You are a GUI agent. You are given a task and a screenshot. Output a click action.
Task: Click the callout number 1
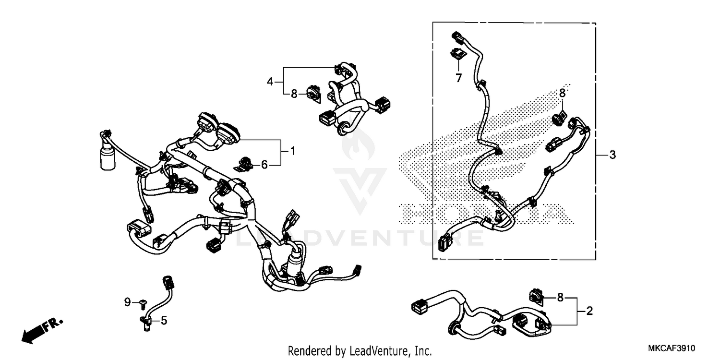pyautogui.click(x=292, y=152)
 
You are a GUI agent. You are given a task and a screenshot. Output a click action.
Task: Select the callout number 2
pyautogui.click(x=589, y=311)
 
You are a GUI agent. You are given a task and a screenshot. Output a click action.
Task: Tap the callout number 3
pyautogui.click(x=612, y=155)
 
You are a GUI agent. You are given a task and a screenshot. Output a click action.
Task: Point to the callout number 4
pyautogui.click(x=270, y=82)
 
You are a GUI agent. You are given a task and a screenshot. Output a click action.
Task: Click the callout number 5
pyautogui.click(x=164, y=320)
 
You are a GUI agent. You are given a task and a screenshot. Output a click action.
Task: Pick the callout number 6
pyautogui.click(x=264, y=165)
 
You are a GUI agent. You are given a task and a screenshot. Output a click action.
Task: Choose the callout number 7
pyautogui.click(x=458, y=78)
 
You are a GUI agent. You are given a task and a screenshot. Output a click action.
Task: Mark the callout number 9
pyautogui.click(x=127, y=302)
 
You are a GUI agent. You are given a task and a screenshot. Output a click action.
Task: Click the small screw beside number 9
pyautogui.click(x=143, y=302)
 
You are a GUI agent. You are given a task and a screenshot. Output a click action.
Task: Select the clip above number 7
pyautogui.click(x=458, y=54)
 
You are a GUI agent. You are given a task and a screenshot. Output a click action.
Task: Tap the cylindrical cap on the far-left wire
pyautogui.click(x=108, y=159)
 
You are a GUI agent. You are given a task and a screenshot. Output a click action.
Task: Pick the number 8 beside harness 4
pyautogui.click(x=294, y=94)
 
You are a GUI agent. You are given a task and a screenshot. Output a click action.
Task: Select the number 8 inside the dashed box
pyautogui.click(x=563, y=93)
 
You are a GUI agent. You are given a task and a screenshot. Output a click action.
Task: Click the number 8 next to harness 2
pyautogui.click(x=560, y=298)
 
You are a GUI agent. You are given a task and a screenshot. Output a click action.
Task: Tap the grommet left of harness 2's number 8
pyautogui.click(x=536, y=297)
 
